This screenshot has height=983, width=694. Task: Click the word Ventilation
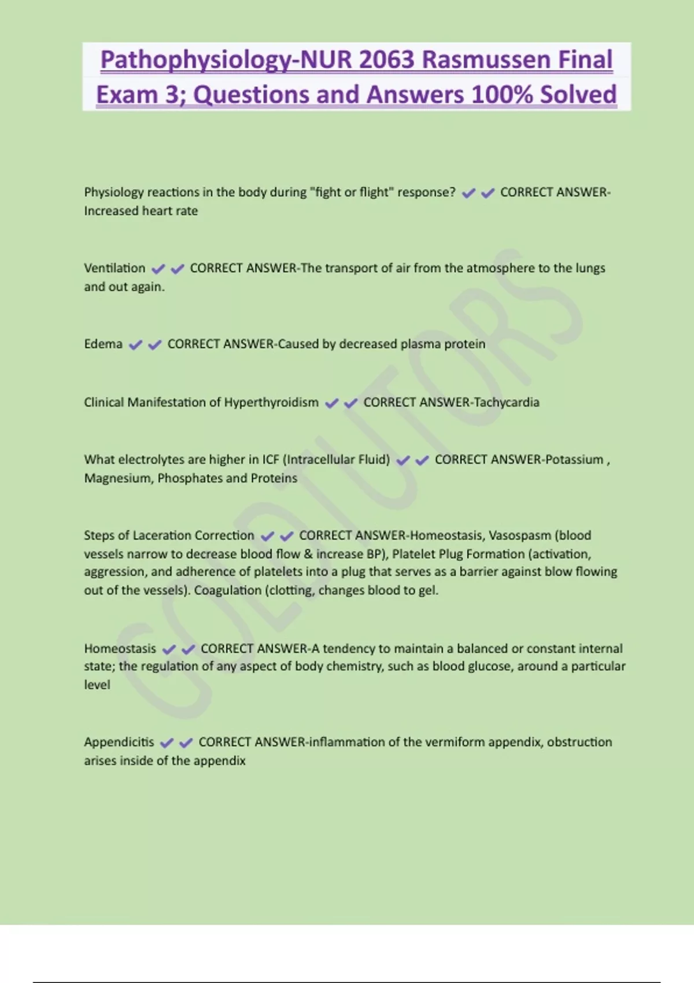[x=115, y=268]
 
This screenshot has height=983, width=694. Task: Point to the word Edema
[x=103, y=344]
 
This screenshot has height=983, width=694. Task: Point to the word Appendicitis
[x=119, y=742]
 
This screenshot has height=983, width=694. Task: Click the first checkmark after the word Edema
[x=135, y=345]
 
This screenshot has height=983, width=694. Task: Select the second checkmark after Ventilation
[x=177, y=269]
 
